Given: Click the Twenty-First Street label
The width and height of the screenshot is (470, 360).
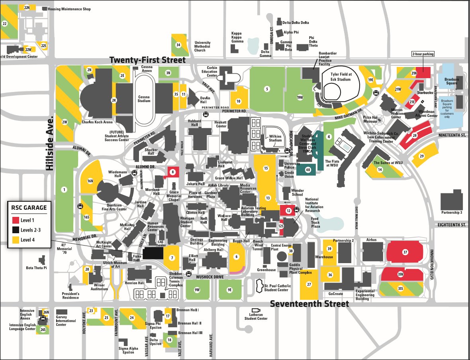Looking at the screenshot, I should pos(147,60).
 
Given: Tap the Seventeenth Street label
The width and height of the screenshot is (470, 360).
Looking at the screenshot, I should pos(309,304).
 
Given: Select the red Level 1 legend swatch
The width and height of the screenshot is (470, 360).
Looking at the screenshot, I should pos(16,220).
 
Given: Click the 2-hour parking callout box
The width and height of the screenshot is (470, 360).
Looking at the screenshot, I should pos(423,54).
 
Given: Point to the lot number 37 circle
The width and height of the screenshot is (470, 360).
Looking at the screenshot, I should pos(405,252).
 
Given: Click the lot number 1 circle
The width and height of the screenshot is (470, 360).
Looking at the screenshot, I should pos(64,190).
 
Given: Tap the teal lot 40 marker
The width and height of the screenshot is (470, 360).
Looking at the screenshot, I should pos(307,170).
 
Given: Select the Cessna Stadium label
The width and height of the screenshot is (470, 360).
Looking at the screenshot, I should pos(144,98).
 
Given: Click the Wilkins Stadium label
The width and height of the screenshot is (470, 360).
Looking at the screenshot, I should pos(275,138).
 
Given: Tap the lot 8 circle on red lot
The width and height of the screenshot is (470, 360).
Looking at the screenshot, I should pos(172,172).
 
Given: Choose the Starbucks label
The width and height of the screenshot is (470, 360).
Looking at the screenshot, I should pos(425,92).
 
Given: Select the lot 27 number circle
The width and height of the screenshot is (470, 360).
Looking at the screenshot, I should pos(309,284).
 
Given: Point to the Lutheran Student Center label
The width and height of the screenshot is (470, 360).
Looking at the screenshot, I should pos(256,317).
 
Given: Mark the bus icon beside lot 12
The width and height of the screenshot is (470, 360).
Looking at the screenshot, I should pos(296,210).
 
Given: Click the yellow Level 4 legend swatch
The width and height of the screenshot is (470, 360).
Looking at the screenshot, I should pos(16,240).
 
